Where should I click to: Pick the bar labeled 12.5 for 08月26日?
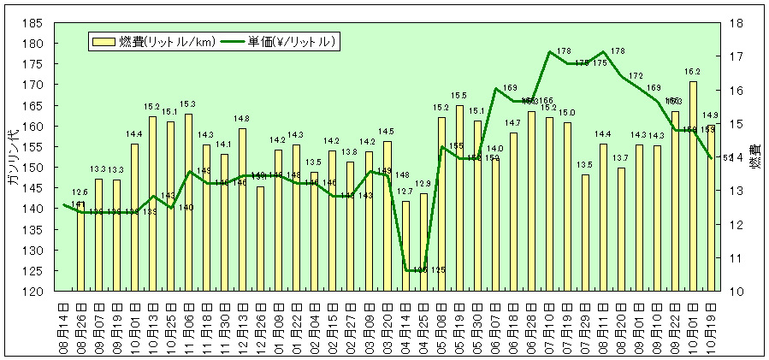(x=80, y=249)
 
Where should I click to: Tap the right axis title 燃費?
(x=755, y=159)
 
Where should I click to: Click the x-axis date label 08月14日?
(x=62, y=326)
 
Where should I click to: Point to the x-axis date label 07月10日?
(x=549, y=326)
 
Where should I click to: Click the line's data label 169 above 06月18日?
(x=511, y=88)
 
